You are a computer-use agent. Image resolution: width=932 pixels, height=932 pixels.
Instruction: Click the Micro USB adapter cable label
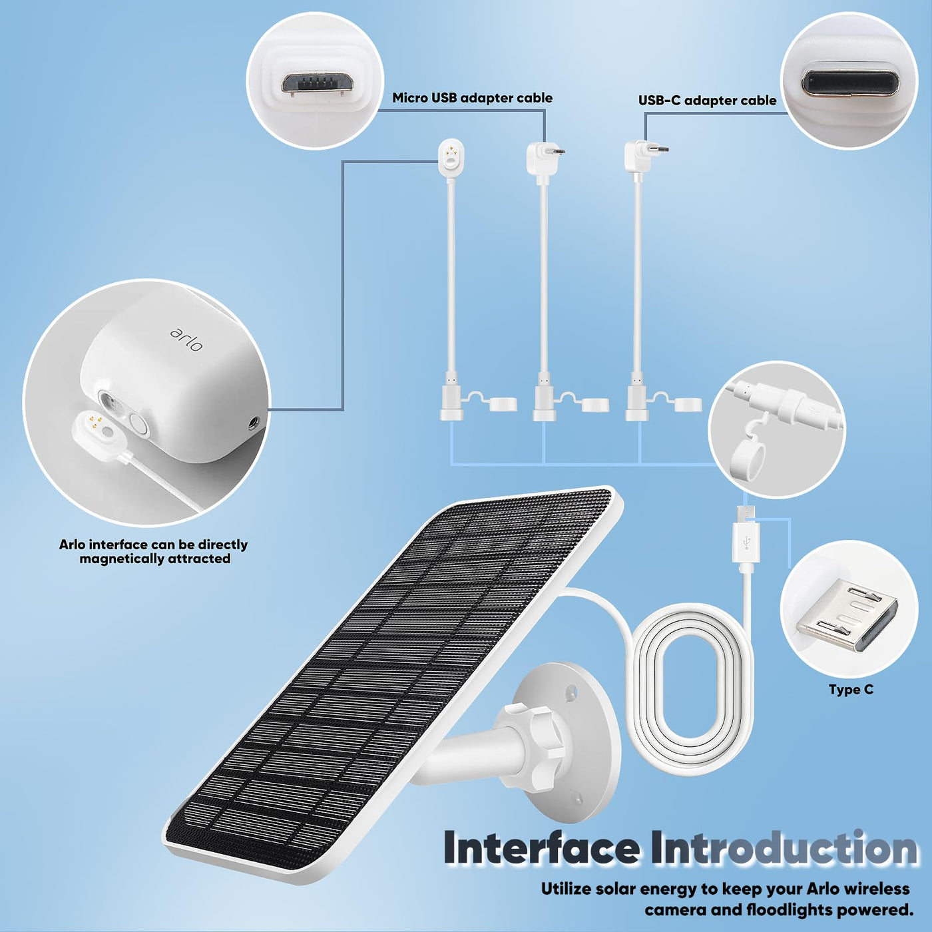[472, 98]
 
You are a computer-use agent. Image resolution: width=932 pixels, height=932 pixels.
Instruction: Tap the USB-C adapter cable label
[707, 101]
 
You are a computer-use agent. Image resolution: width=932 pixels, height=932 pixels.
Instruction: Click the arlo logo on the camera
[186, 340]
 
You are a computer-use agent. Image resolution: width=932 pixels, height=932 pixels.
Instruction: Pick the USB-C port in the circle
[850, 83]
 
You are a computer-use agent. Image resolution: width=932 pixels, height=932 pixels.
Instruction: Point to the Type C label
[851, 690]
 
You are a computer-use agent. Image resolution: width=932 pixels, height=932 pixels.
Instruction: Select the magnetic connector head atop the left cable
[451, 156]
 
